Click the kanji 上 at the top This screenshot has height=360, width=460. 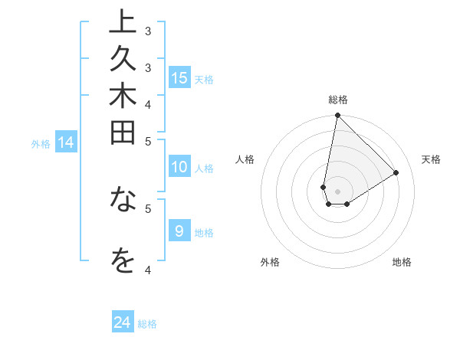(x=122, y=23)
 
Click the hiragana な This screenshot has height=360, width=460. (x=122, y=200)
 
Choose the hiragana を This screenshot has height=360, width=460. (x=122, y=260)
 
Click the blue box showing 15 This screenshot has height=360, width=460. (x=179, y=77)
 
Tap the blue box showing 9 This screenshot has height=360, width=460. (x=179, y=231)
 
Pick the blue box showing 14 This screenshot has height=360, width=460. (x=66, y=142)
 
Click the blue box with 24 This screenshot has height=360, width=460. (x=122, y=322)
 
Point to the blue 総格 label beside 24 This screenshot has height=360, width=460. (x=147, y=324)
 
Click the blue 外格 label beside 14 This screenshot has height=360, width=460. (x=41, y=143)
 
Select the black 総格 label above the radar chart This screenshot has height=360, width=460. (x=337, y=100)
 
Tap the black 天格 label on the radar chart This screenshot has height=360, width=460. (x=431, y=159)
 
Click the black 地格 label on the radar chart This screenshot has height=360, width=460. (x=402, y=262)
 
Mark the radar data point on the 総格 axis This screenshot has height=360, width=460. (x=337, y=116)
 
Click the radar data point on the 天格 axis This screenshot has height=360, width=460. (x=396, y=172)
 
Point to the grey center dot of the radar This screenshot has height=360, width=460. (x=337, y=191)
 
